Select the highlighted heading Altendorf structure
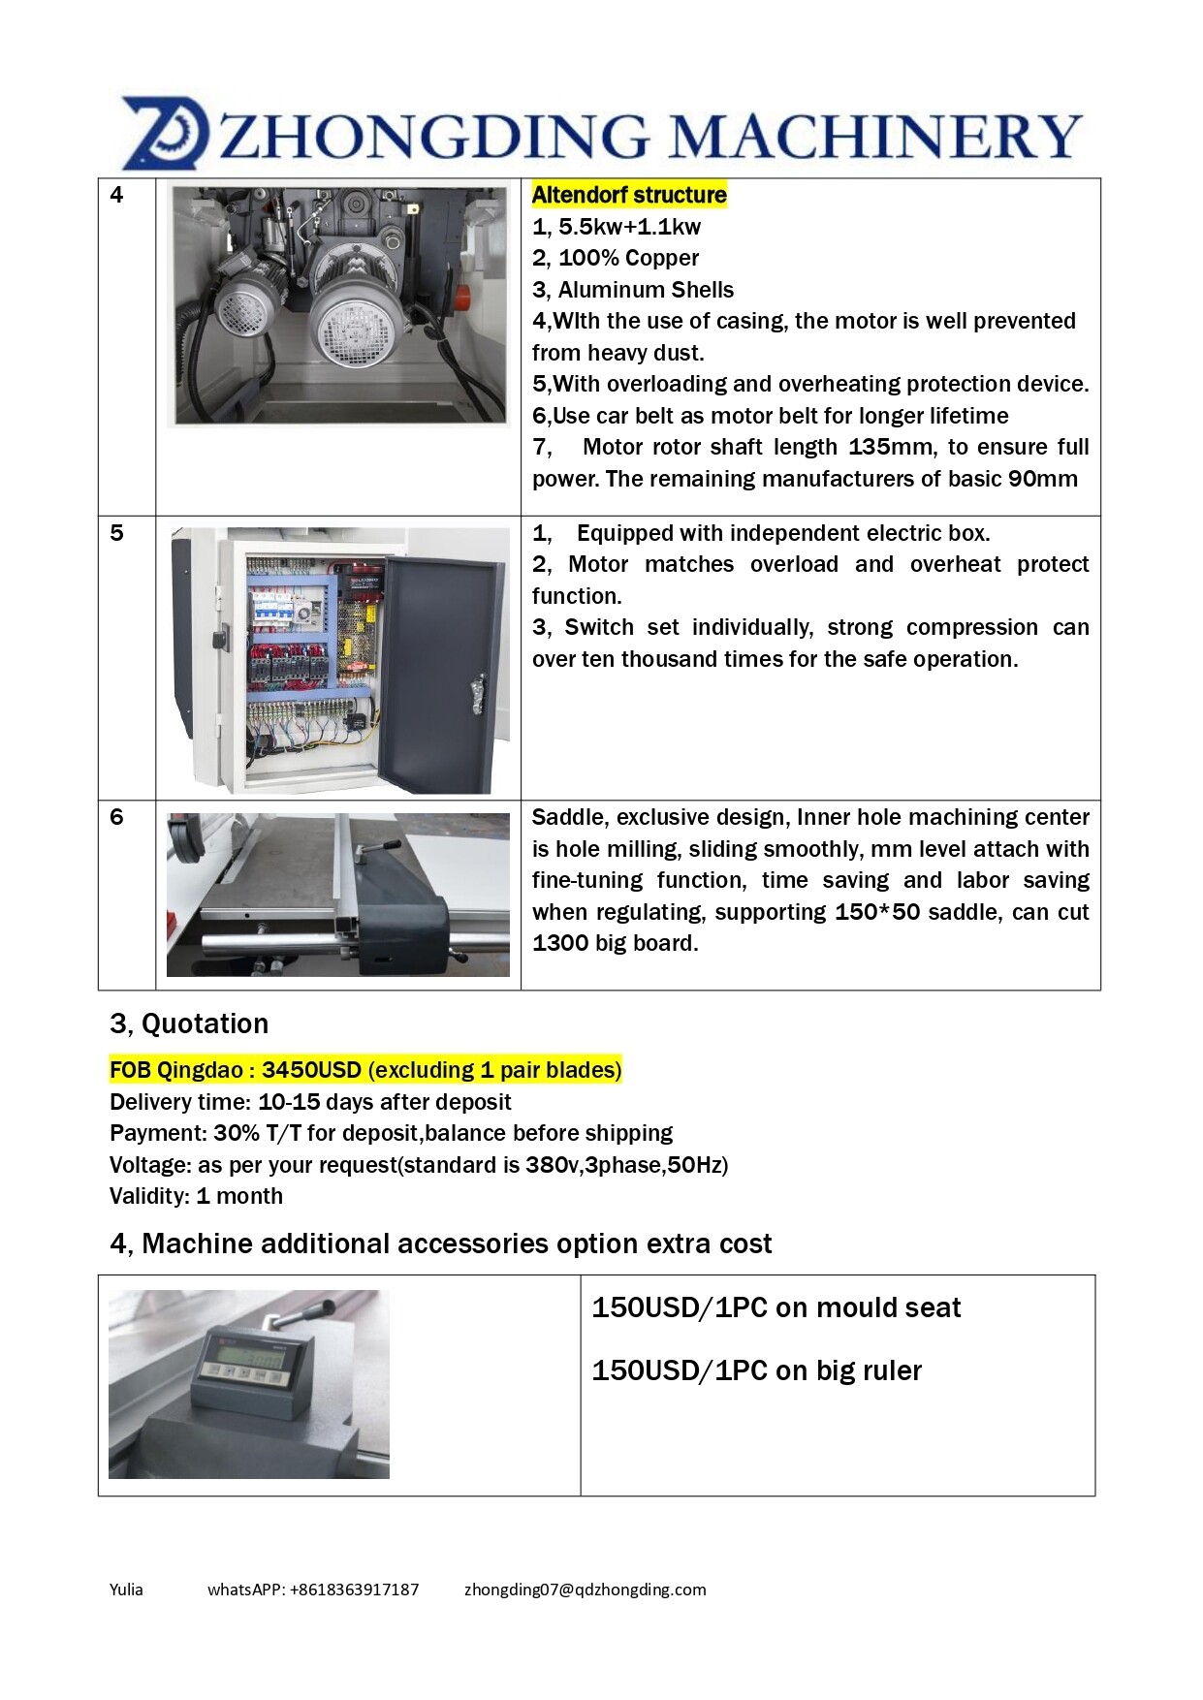pyautogui.click(x=629, y=195)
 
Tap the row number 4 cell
pyautogui.click(x=117, y=195)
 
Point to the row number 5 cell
pyautogui.click(x=117, y=533)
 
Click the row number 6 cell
pyautogui.click(x=117, y=817)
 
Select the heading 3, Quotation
pyautogui.click(x=189, y=1023)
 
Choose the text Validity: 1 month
pyautogui.click(x=196, y=1196)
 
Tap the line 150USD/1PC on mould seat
pyautogui.click(x=776, y=1307)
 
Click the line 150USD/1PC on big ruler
pyautogui.click(x=756, y=1370)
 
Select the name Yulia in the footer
pyautogui.click(x=126, y=1590)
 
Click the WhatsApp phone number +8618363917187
pyautogui.click(x=354, y=1590)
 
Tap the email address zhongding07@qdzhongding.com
pyautogui.click(x=585, y=1590)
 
